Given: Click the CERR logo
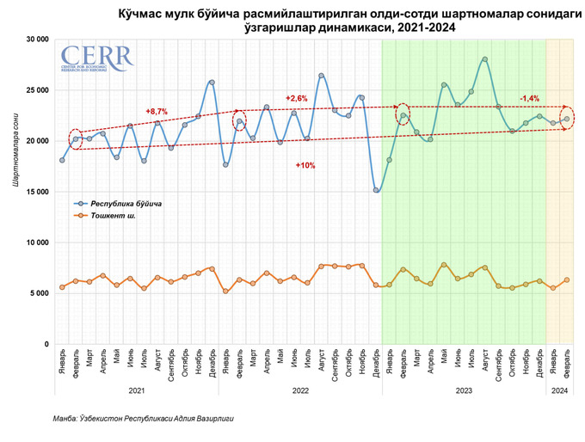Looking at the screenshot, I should click(97, 59).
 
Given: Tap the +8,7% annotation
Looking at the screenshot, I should click(157, 112).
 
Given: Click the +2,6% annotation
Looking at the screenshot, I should click(296, 98).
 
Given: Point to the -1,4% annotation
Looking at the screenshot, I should click(530, 99).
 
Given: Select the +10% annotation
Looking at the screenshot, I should click(305, 164).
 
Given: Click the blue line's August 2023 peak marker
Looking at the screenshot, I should click(485, 59).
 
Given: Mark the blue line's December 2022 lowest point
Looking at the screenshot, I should click(376, 190).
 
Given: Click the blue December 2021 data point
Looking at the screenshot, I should click(212, 83).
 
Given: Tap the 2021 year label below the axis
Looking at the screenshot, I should click(137, 390).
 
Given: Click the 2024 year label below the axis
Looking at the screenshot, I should click(559, 390).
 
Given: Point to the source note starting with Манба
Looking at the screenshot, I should click(143, 419).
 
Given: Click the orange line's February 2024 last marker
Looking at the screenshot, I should click(567, 279).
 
